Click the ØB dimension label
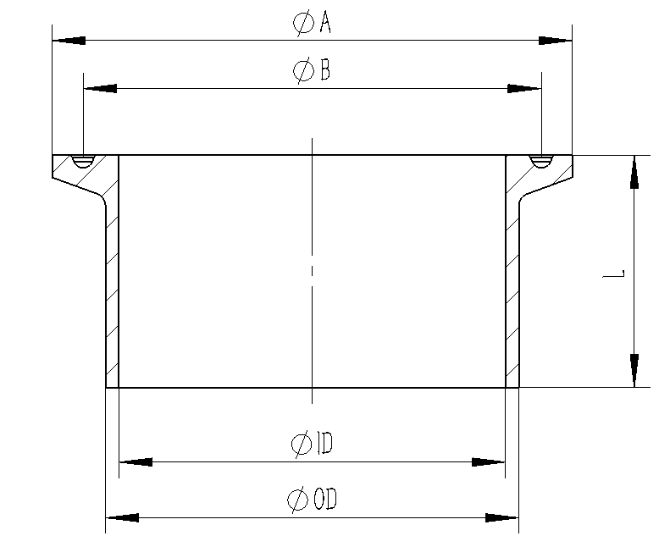click(312, 72)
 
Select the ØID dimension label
click(311, 442)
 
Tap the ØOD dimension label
click(312, 500)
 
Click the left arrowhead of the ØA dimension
click(69, 40)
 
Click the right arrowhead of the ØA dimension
click(556, 40)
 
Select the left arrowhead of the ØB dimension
click(100, 88)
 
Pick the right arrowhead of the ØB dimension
click(524, 88)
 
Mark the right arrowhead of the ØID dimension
click(489, 462)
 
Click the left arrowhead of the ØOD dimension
click(122, 517)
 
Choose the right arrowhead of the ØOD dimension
click(501, 517)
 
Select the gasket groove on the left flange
click(84, 162)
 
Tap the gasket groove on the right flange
click(540, 162)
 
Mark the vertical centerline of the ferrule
click(313, 271)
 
